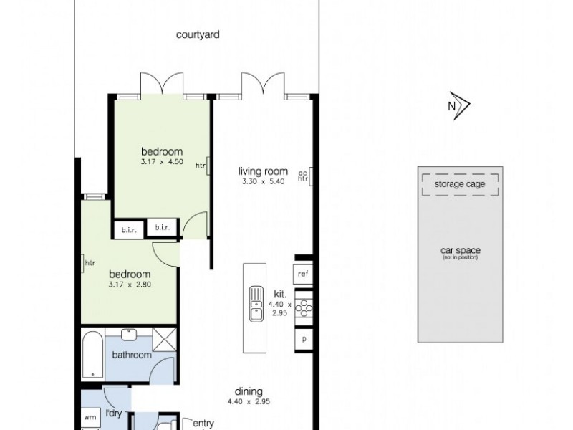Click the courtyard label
tap(198, 34)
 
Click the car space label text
tap(460, 251)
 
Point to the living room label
tap(263, 171)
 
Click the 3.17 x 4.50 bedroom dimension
tap(162, 162)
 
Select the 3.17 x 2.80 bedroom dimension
tap(130, 285)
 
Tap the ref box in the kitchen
tap(303, 274)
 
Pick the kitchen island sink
tap(254, 303)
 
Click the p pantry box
tap(304, 339)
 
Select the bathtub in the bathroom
tap(92, 354)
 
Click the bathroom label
tap(132, 355)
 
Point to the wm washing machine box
tap(90, 416)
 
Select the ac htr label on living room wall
tap(303, 176)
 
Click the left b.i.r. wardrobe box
tap(129, 229)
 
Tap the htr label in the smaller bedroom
tap(90, 263)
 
